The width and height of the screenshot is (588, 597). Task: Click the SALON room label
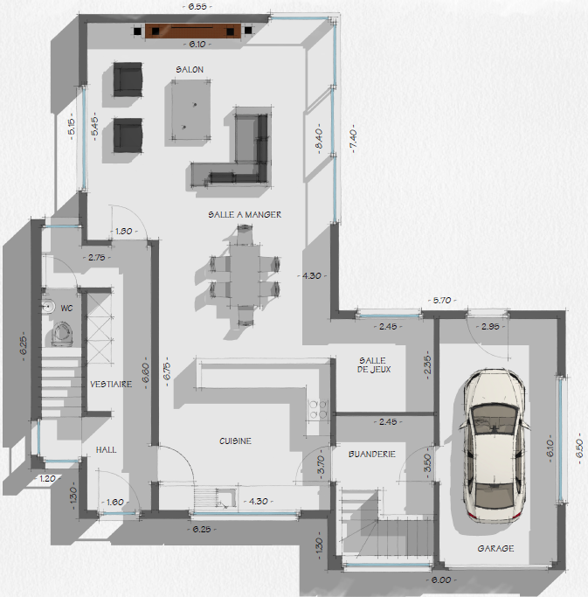click(x=190, y=70)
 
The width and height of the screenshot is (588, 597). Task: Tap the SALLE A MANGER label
click(x=245, y=215)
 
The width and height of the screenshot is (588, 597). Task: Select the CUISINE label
click(x=235, y=441)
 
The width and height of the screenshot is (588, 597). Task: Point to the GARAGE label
click(x=495, y=548)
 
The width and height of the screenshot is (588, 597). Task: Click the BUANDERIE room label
click(x=372, y=454)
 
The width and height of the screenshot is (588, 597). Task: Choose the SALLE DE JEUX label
click(x=374, y=364)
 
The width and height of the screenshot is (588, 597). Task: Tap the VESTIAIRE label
click(x=111, y=385)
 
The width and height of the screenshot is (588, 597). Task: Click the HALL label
click(x=107, y=449)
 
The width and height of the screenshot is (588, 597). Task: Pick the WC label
click(x=66, y=308)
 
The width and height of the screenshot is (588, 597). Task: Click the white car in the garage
click(x=495, y=446)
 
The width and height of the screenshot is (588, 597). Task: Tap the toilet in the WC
click(x=62, y=334)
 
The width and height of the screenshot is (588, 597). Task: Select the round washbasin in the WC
click(x=48, y=306)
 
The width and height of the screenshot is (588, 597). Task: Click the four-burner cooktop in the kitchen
click(x=318, y=409)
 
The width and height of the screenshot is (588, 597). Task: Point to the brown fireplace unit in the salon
click(x=193, y=31)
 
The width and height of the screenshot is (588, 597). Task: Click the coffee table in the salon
click(x=191, y=109)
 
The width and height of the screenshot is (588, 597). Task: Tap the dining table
click(x=245, y=275)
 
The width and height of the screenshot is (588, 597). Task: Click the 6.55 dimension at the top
click(x=197, y=6)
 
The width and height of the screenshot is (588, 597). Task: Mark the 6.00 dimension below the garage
click(x=441, y=580)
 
